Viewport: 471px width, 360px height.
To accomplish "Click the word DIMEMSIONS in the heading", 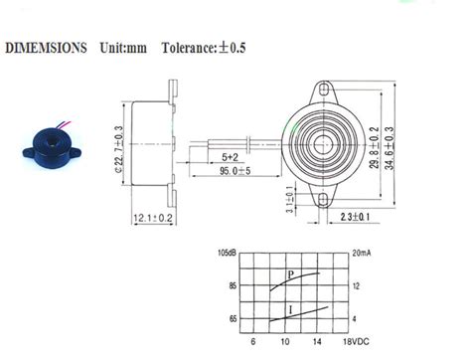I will pyautogui.click(x=47, y=48).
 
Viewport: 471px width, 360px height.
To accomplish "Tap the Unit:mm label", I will pyautogui.click(x=123, y=48).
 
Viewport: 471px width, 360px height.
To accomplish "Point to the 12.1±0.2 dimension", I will pyautogui.click(x=152, y=217).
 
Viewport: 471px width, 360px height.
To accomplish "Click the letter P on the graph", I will pyautogui.click(x=290, y=273).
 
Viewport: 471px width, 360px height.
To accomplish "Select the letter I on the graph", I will pyautogui.click(x=290, y=309).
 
